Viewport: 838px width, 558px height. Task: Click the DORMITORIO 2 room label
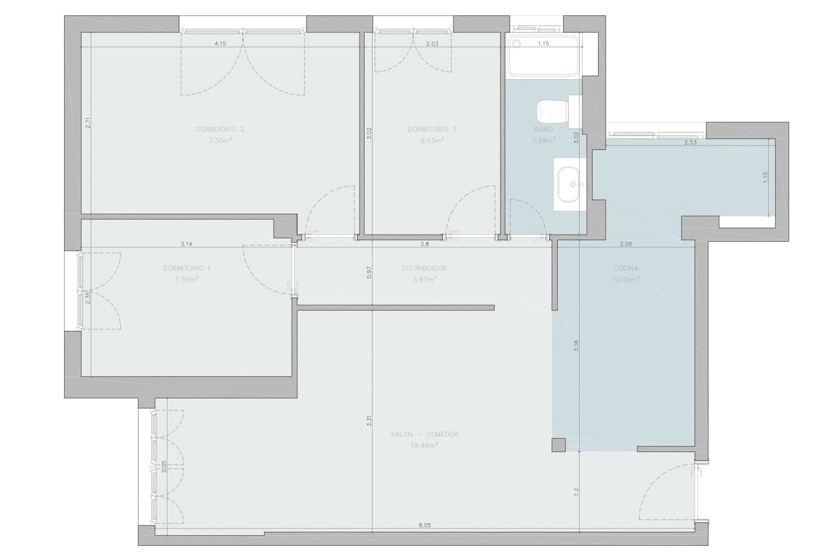tap(220, 129)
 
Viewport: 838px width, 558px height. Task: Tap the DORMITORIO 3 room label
tap(432, 129)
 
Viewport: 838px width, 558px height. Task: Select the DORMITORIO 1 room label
tap(186, 269)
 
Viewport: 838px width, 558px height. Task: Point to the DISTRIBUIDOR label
tap(424, 269)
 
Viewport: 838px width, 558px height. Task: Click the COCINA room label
tap(625, 269)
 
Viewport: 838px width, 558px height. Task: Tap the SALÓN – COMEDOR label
tap(424, 435)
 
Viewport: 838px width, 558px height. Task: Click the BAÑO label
tap(543, 129)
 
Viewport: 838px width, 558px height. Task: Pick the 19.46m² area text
tap(424, 446)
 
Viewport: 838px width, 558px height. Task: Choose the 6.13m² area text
tap(432, 140)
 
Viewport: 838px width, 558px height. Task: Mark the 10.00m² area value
tap(625, 279)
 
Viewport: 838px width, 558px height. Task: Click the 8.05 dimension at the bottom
tap(424, 525)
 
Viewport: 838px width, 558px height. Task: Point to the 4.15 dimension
tap(220, 44)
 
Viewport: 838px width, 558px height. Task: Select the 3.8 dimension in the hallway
tap(424, 244)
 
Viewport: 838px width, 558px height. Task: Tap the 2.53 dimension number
tap(690, 142)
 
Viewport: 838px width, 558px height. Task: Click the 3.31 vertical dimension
tap(369, 421)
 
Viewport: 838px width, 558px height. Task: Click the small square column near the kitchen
tap(559, 445)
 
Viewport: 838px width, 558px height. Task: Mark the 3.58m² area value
tap(543, 140)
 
